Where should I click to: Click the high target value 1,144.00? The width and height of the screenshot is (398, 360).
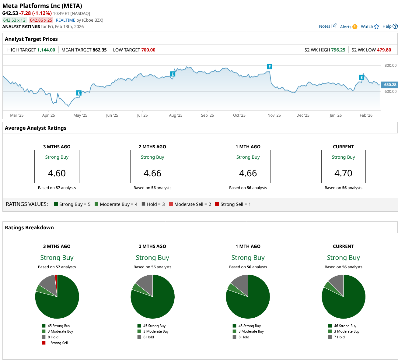pyautogui.click(x=46, y=50)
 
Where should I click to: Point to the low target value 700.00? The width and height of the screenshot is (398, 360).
pyautogui.click(x=148, y=50)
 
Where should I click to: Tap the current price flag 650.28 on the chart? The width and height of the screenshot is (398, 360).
pyautogui.click(x=390, y=85)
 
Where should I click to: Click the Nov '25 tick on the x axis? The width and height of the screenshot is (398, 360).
pyautogui.click(x=274, y=115)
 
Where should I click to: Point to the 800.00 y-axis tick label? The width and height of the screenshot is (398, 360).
pyautogui.click(x=390, y=65)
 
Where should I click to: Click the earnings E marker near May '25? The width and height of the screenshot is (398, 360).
pyautogui.click(x=79, y=93)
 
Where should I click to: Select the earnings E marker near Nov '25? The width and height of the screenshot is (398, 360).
pyautogui.click(x=269, y=67)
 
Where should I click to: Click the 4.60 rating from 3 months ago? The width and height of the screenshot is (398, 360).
pyautogui.click(x=57, y=173)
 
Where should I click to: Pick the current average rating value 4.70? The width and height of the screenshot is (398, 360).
pyautogui.click(x=343, y=173)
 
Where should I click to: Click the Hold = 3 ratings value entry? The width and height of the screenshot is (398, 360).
pyautogui.click(x=153, y=204)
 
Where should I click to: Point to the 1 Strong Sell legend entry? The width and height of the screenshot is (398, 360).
pyautogui.click(x=57, y=343)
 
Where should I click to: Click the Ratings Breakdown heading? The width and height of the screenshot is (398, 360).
pyautogui.click(x=29, y=228)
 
